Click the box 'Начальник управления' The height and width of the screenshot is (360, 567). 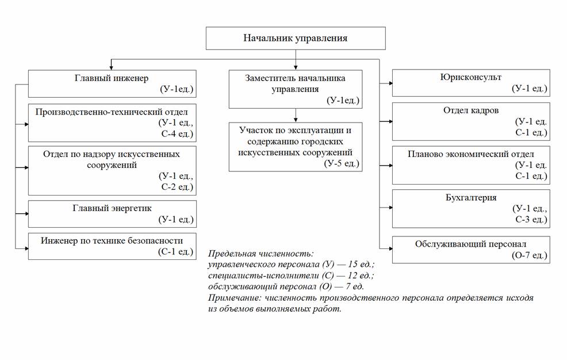pyautogui.click(x=295, y=39)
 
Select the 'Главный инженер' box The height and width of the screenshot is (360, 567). pyautogui.click(x=112, y=83)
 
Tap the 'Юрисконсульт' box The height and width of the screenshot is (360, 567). pyautogui.click(x=470, y=83)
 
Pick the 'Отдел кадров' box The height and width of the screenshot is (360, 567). pyautogui.click(x=470, y=121)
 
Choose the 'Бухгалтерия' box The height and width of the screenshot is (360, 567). pyautogui.click(x=470, y=208)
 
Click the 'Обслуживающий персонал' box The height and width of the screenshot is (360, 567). pyautogui.click(x=470, y=250)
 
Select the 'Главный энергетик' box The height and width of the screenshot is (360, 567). pyautogui.click(x=112, y=213)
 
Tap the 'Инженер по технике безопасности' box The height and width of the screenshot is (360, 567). pyautogui.click(x=112, y=246)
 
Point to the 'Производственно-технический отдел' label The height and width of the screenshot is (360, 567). pyautogui.click(x=112, y=111)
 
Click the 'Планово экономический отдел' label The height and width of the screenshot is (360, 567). pyautogui.click(x=470, y=154)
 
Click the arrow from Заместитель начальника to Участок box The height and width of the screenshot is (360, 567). pyautogui.click(x=295, y=114)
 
